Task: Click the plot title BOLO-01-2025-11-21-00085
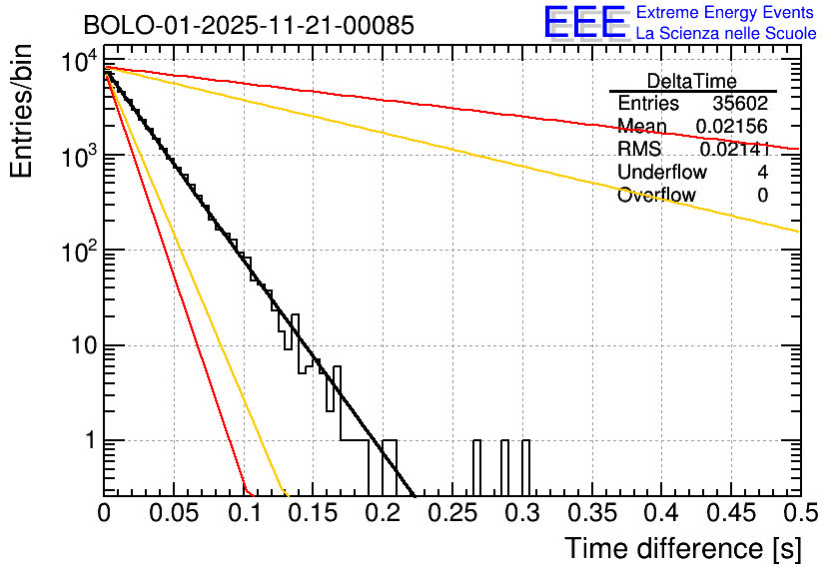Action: coord(248,25)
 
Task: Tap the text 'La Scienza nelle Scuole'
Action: coord(726,33)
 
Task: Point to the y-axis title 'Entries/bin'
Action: coord(21,112)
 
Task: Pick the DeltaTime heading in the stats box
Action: coord(692,81)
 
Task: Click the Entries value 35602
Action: coord(740,104)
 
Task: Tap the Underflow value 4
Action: coord(762,173)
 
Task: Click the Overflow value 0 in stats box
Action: coord(762,196)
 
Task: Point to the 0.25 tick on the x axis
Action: coord(451,513)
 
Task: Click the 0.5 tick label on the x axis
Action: coord(799,513)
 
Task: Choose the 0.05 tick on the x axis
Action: coord(174,513)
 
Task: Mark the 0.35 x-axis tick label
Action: coord(590,513)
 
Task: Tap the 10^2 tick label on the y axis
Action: coord(80,251)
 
